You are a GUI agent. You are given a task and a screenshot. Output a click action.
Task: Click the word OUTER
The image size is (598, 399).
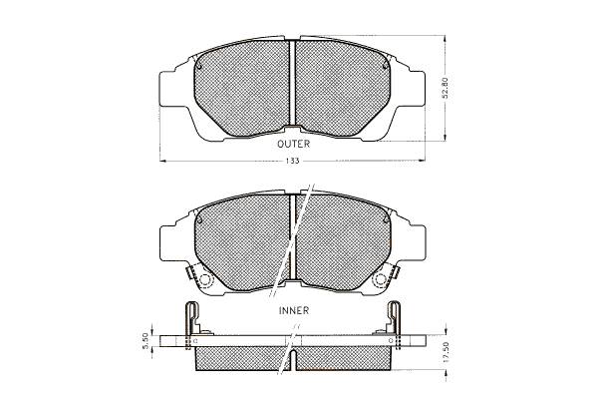pos(293,144)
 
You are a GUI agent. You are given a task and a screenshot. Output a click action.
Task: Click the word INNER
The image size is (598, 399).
pos(294,310)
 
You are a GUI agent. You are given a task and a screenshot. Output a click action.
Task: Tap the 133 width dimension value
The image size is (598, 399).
pos(292,161)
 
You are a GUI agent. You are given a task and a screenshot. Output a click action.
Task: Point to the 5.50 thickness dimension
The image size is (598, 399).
pos(145,340)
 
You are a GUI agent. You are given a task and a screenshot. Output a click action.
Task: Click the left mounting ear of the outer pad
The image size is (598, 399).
pos(167,90)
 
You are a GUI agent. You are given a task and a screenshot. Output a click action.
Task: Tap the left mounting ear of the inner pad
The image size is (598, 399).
pos(168,243)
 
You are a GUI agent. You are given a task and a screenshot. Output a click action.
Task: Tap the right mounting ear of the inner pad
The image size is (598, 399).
pos(417,242)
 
